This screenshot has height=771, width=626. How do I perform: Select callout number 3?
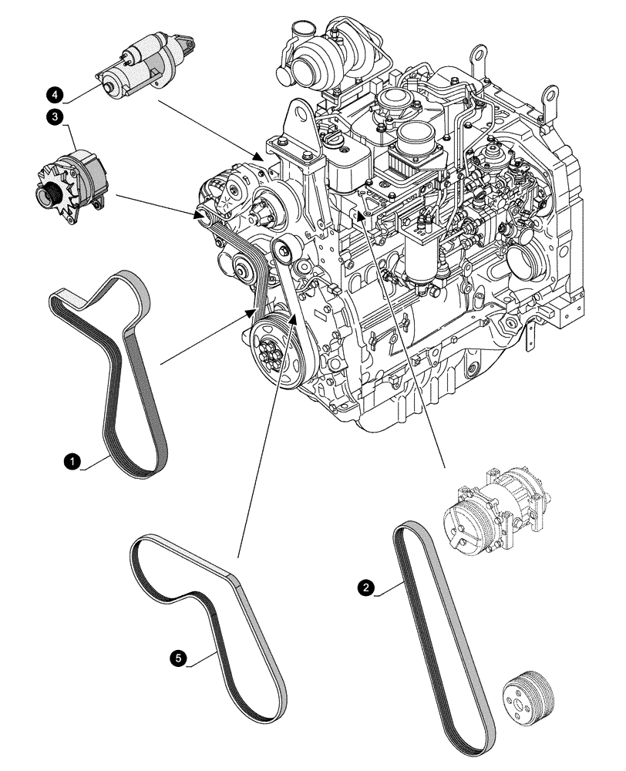pyautogui.click(x=55, y=117)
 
